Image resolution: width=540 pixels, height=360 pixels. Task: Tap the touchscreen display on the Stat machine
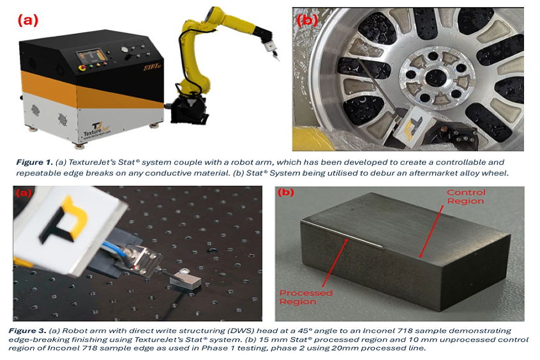coord(90,57)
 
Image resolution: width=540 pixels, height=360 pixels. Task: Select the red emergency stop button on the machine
coord(82,67)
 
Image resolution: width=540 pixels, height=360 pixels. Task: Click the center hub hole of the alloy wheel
coord(435,77)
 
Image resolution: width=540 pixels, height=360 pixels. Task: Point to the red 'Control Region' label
coord(466,197)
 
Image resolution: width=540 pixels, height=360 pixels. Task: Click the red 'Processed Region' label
coord(306,297)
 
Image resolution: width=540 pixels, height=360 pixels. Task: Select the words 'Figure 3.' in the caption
coord(27,331)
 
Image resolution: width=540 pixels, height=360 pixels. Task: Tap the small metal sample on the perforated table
coord(185,278)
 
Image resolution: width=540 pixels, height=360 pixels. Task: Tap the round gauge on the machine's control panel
coord(124,49)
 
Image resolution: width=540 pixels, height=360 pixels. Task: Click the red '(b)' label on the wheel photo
coord(307,20)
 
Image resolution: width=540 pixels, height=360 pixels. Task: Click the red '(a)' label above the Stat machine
coord(28,20)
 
